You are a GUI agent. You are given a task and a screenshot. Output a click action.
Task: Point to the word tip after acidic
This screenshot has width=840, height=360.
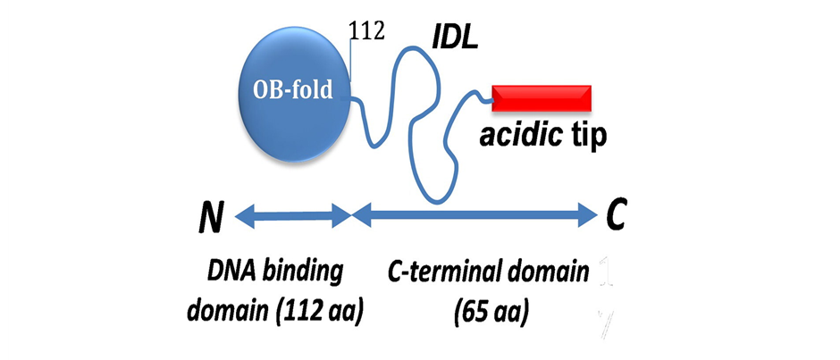[585, 137]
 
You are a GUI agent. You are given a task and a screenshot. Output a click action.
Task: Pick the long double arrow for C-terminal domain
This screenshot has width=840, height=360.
[474, 213]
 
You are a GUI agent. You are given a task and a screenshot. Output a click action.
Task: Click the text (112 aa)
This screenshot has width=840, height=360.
[323, 312]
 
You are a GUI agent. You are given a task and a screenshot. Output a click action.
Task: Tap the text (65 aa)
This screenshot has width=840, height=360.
[491, 313]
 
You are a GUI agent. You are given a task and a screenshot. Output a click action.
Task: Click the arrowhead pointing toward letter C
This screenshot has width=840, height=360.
[586, 213]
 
